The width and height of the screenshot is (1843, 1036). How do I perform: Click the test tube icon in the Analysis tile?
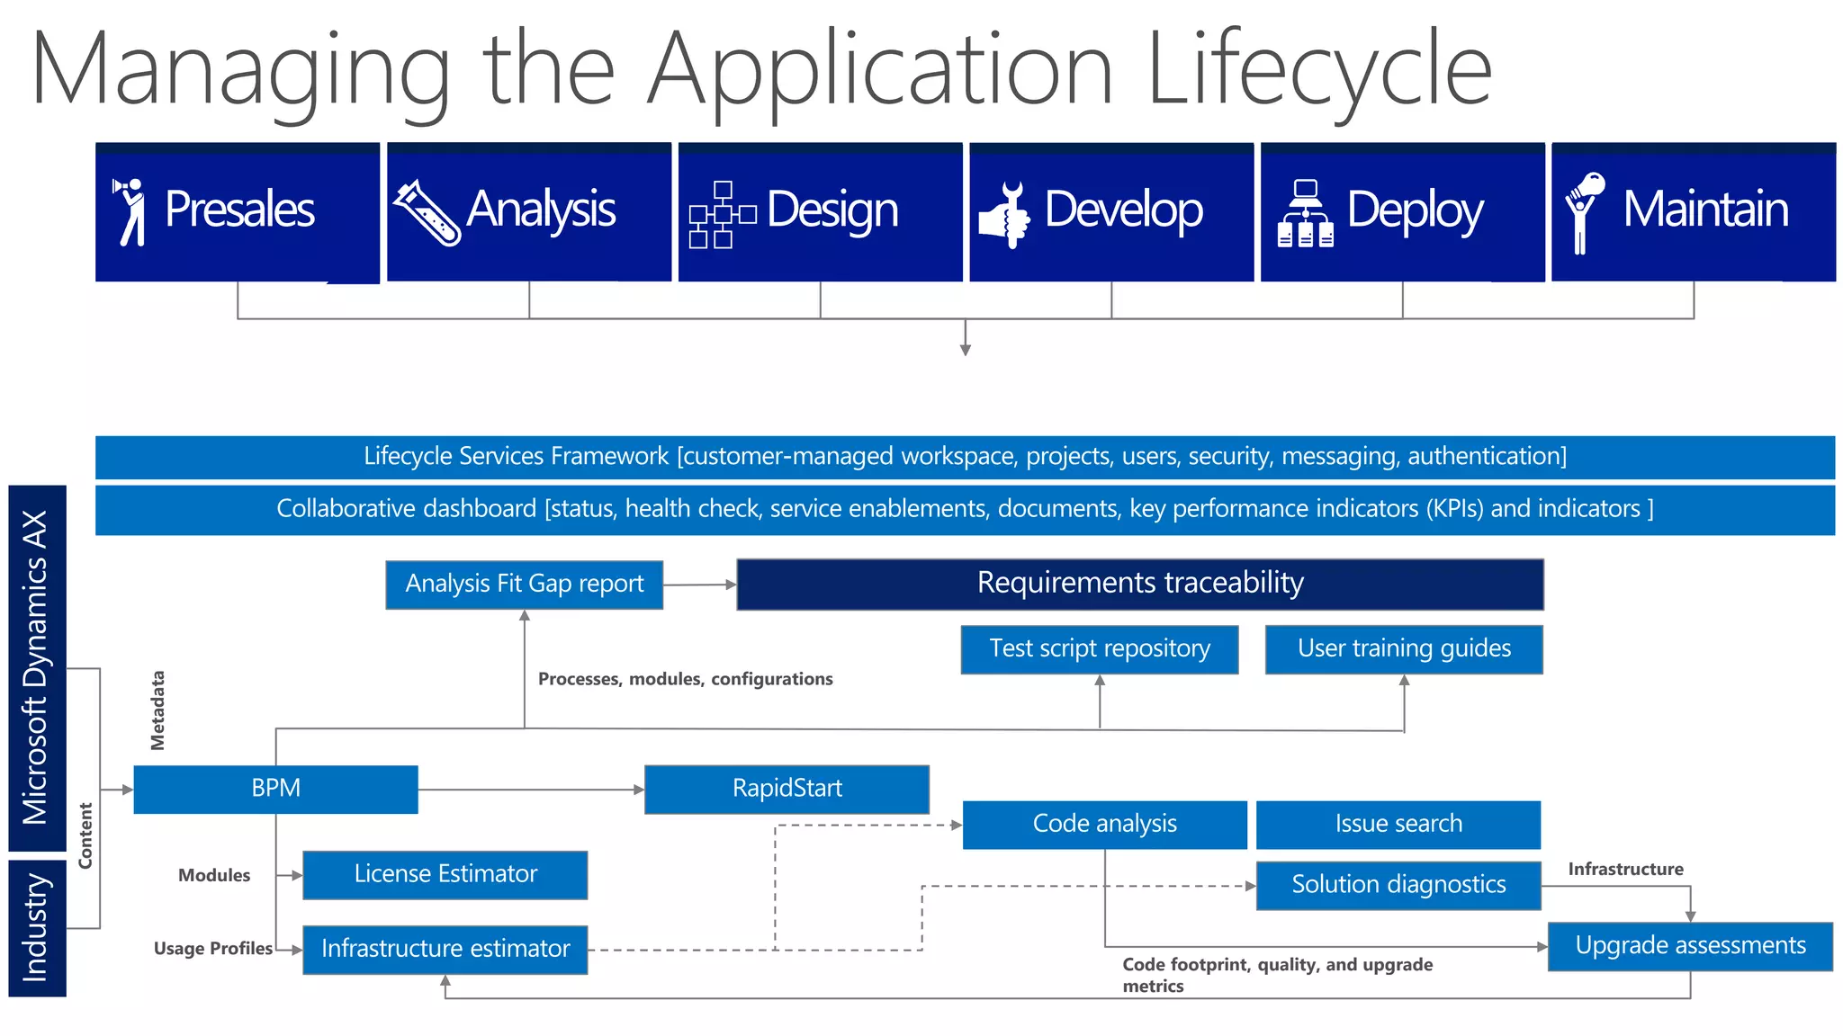point(427,213)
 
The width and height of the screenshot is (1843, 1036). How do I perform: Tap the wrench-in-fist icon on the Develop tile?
point(1004,215)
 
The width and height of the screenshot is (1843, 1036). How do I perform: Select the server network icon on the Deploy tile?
point(1305,214)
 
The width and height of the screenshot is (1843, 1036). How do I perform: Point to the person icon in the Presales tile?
point(130,211)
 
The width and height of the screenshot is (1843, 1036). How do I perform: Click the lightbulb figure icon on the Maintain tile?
point(1583,212)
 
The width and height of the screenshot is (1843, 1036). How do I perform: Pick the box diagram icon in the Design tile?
point(722,215)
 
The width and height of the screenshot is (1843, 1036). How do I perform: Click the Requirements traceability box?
point(1139,584)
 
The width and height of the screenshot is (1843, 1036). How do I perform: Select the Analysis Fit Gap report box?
point(524,585)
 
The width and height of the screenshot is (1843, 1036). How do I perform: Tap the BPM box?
point(275,789)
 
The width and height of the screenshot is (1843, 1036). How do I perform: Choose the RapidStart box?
point(787,789)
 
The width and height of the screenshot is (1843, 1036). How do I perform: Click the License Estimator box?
point(445,874)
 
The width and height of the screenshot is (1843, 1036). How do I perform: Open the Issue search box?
point(1398,824)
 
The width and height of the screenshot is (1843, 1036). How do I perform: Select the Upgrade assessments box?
point(1689,946)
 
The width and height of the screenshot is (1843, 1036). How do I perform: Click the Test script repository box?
point(1099,649)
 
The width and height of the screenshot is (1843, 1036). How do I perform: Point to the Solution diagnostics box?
point(1398,885)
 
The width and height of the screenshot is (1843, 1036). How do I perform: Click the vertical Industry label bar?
point(37,927)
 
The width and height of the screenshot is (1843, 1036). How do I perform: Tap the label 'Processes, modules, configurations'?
point(685,679)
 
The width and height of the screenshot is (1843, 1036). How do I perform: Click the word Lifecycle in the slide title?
point(1318,70)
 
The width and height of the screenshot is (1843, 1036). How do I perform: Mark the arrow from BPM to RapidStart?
point(531,790)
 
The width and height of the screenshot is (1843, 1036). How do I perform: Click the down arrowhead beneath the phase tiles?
point(965,350)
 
